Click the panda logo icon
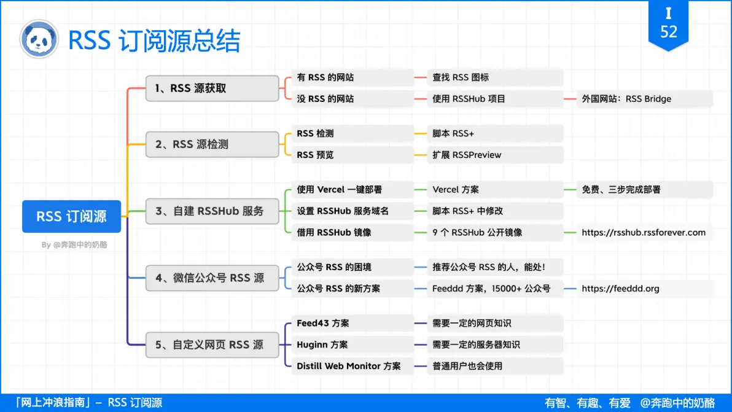39,39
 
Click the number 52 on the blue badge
668,31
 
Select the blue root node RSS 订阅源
71,216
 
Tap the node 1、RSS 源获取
212,88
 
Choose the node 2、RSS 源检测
212,144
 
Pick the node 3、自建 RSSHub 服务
212,211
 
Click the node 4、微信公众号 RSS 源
212,278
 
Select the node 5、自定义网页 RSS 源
212,345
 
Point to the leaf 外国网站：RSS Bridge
644,99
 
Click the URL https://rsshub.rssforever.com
644,233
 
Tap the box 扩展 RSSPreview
495,155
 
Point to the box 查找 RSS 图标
495,77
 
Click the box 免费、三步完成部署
644,190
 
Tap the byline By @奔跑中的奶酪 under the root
74,245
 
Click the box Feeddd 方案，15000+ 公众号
495,289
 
